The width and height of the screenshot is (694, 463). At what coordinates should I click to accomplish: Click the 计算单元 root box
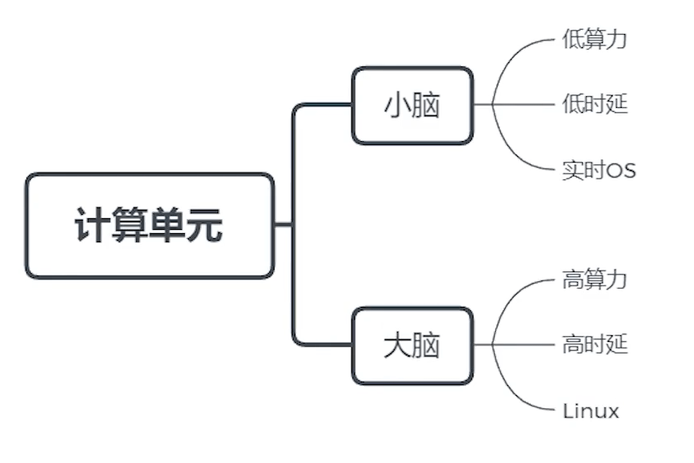[x=149, y=225]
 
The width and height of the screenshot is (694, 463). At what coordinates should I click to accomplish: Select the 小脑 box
[x=412, y=105]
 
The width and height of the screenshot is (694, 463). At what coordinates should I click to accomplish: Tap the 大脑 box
[x=412, y=345]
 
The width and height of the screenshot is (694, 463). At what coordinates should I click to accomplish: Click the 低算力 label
[x=595, y=39]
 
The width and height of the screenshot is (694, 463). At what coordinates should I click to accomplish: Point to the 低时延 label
[x=595, y=105]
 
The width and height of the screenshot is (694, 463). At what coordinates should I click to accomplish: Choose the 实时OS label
[x=599, y=171]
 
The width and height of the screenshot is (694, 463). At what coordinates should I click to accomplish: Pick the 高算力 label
[x=595, y=280]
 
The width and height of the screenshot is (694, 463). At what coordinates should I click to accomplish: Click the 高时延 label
[x=595, y=344]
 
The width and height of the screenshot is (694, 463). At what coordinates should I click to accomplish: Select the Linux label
[x=590, y=411]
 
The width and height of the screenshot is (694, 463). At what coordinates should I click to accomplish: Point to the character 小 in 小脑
[x=397, y=105]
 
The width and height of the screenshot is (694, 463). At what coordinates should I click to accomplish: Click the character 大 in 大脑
[x=397, y=345]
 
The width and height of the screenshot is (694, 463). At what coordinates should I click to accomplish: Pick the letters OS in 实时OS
[x=622, y=171]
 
